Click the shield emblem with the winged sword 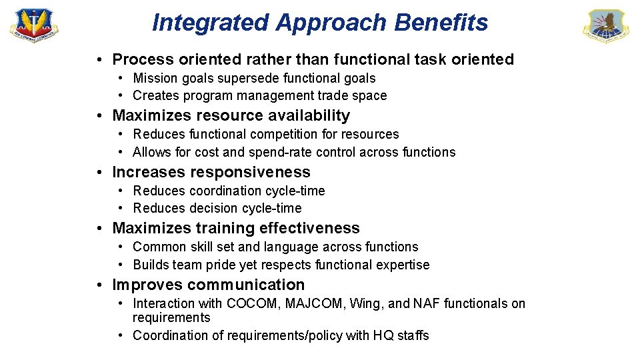point(33,25)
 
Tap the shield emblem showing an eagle point(605,27)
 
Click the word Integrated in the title point(211,23)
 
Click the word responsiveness point(250,173)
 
